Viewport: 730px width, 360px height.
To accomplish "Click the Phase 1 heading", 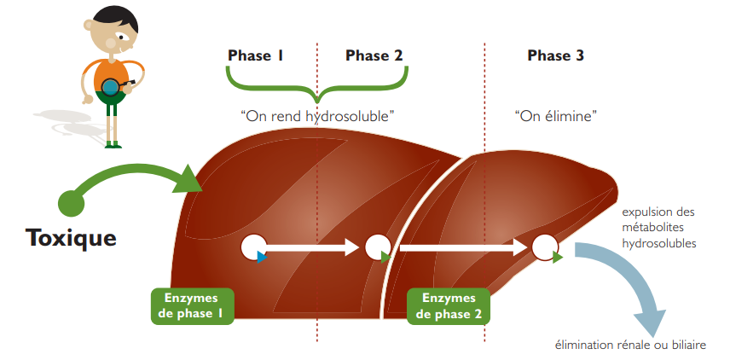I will (x=255, y=56).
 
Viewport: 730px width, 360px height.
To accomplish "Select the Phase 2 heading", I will (x=374, y=56).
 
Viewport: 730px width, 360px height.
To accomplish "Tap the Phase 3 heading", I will (x=555, y=56).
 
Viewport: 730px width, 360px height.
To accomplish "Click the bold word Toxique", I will (x=72, y=236).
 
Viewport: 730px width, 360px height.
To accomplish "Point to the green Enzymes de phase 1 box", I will (x=191, y=305).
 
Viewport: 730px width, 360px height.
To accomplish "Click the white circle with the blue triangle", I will (x=253, y=247).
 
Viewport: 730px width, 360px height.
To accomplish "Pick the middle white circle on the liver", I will (x=376, y=247).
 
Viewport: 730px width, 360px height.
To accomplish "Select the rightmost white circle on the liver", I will (x=544, y=247).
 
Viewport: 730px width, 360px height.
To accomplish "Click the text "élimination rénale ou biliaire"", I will (x=630, y=345).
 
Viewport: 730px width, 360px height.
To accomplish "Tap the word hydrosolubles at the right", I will (x=659, y=243).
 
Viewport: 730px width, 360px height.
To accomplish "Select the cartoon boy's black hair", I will (x=113, y=17).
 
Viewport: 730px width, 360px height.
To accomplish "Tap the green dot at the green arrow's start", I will (x=72, y=202).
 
